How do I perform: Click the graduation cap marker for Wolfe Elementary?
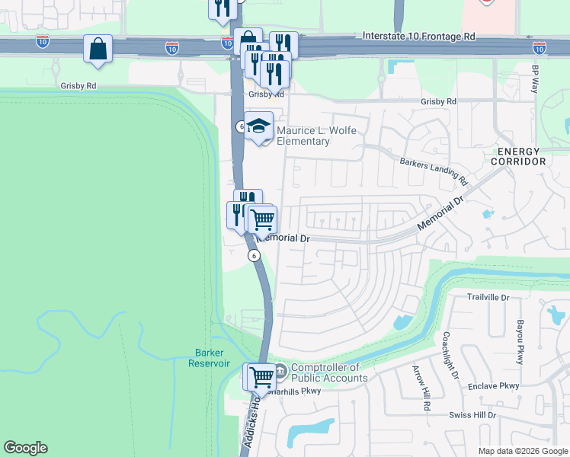259,126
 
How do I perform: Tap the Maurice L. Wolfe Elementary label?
303,136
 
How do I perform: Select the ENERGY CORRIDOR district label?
518,156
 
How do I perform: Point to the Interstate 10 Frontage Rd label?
418,36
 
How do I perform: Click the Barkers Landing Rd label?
434,171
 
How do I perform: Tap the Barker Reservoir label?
209,358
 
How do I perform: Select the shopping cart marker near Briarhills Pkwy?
259,376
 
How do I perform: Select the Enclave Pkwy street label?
494,386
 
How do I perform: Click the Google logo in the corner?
25,448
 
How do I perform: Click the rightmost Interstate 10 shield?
540,47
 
